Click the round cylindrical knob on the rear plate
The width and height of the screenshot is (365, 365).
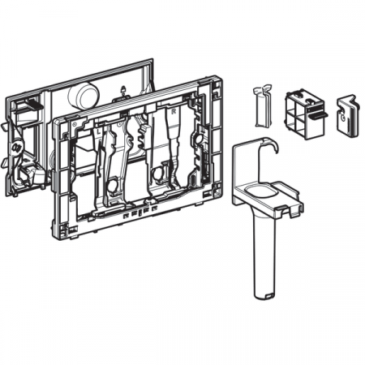tap(82, 97)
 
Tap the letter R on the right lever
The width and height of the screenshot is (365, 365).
tap(160, 130)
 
